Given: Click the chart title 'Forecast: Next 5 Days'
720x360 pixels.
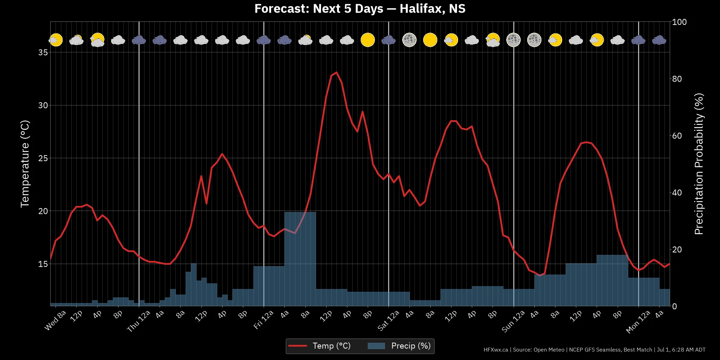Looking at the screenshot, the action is (319, 8).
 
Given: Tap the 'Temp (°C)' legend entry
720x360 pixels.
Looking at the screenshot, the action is (319, 346).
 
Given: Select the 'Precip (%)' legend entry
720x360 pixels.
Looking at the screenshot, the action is (399, 346).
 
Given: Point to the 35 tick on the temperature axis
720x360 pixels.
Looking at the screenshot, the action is (43, 52).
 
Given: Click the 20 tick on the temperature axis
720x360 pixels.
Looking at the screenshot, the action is (43, 211).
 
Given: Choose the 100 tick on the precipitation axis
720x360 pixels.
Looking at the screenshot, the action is (679, 22).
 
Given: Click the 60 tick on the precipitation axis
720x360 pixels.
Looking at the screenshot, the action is (677, 136).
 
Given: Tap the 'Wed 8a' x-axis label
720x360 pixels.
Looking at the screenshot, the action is (56, 321).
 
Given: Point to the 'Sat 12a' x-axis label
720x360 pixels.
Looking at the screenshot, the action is (388, 321).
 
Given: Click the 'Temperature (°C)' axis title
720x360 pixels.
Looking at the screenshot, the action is (25, 164).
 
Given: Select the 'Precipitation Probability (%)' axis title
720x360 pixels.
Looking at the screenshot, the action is (699, 164).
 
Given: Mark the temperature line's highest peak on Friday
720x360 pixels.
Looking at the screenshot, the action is (336, 72).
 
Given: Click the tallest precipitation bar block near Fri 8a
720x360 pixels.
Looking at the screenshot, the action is (300, 259).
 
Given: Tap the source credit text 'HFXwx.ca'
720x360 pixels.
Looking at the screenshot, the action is (496, 350).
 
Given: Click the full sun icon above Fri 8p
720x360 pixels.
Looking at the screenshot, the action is (368, 40).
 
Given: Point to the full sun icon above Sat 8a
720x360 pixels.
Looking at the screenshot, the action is (430, 40).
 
